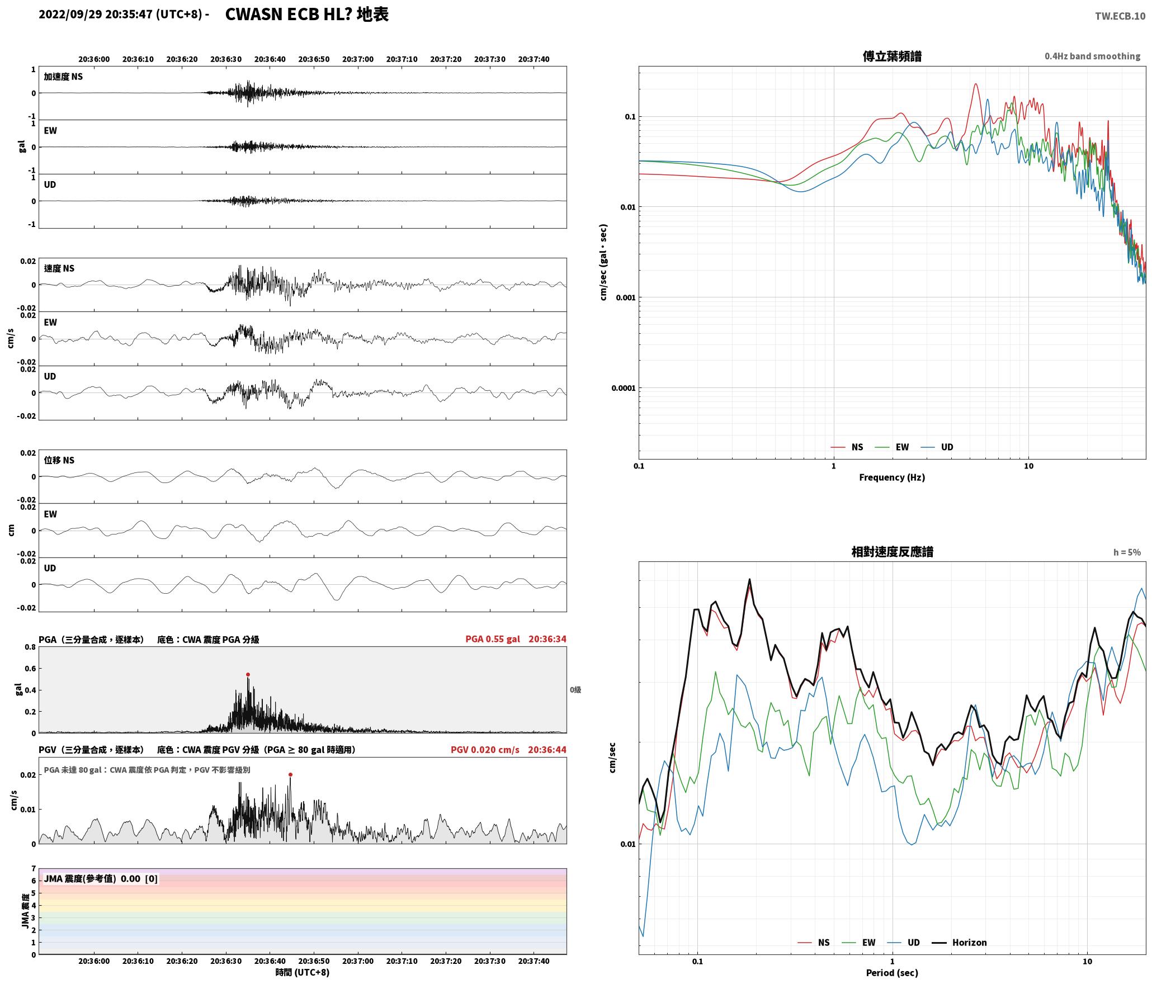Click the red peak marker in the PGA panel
click(x=248, y=674)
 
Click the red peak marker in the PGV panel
click(x=290, y=774)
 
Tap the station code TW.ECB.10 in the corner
click(x=1120, y=16)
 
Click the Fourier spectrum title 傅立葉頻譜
click(x=892, y=56)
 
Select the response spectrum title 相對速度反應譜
click(x=892, y=552)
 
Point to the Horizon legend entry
click(x=959, y=942)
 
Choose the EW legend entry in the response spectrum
click(x=859, y=942)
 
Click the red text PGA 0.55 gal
click(x=493, y=639)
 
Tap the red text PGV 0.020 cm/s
click(x=485, y=750)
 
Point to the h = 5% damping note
click(x=1127, y=552)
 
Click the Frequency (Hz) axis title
click(x=892, y=477)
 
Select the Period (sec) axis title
click(x=892, y=973)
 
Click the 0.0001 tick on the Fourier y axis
click(x=624, y=388)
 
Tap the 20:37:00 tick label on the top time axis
click(x=358, y=59)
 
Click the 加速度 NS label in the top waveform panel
click(x=63, y=77)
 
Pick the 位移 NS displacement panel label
click(x=59, y=460)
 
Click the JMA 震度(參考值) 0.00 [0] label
click(x=101, y=878)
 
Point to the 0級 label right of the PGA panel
click(x=575, y=690)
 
